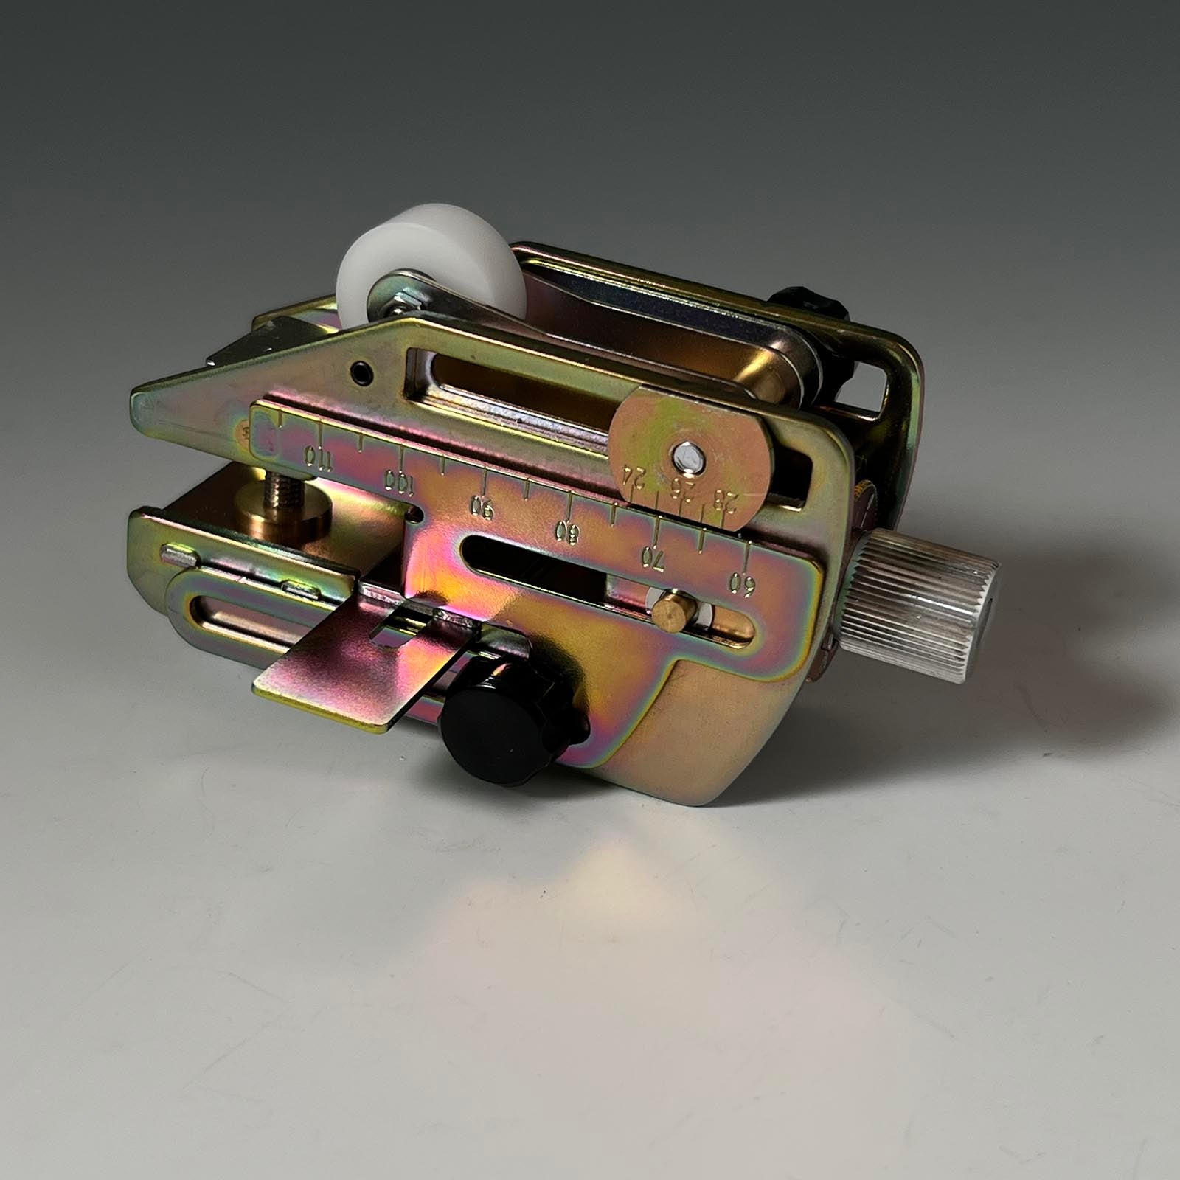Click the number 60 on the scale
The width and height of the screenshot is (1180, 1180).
(741, 583)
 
